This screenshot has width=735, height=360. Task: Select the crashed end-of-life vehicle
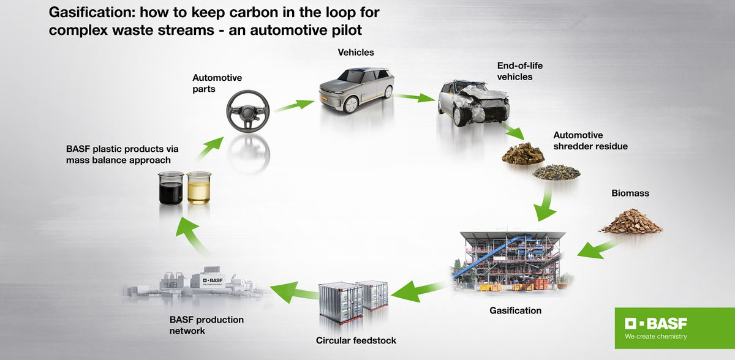(473, 104)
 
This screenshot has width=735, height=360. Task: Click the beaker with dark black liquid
(171, 189)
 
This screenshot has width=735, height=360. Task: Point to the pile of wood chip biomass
(630, 222)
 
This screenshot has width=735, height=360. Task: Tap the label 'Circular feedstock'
(356, 340)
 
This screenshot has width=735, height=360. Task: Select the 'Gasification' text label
(515, 310)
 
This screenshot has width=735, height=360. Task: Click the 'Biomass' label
(630, 193)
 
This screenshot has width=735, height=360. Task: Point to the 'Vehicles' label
(356, 53)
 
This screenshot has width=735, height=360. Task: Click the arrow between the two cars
(415, 97)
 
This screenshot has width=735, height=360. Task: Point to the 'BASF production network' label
(206, 325)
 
